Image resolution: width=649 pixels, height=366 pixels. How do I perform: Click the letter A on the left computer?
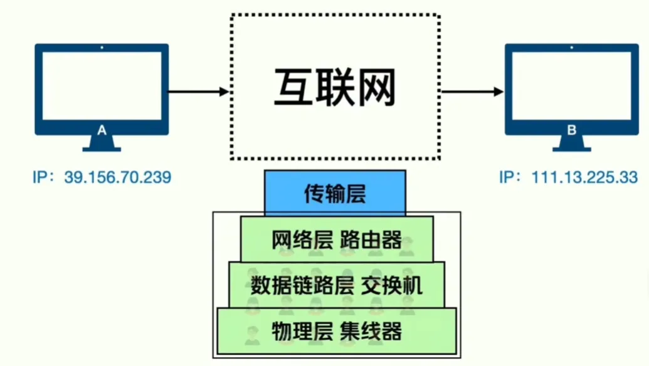point(102,130)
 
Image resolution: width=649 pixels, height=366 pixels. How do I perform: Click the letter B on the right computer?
point(571,130)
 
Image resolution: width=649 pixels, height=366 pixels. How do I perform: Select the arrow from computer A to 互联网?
point(198,92)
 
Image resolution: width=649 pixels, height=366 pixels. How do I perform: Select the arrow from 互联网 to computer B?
point(472,92)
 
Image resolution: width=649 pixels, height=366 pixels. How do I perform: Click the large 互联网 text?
point(335,88)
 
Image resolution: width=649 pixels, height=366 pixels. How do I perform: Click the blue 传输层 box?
point(335,193)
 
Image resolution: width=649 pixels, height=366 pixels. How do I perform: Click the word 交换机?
point(393,286)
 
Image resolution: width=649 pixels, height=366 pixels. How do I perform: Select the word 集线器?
point(371,330)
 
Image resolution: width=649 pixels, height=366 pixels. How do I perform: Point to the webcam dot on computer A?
point(102,47)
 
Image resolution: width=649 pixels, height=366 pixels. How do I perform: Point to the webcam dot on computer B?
point(571,47)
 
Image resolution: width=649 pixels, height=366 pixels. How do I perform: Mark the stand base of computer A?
point(102,149)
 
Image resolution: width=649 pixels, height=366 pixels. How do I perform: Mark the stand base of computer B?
point(571,149)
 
